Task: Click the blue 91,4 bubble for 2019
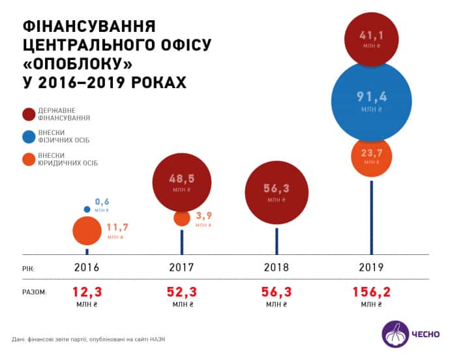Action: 371,101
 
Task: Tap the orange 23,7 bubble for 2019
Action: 371,157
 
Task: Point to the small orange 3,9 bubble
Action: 182,219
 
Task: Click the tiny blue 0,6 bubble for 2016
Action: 87,209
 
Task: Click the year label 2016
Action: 87,268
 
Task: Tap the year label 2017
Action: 182,268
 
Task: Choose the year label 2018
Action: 276,268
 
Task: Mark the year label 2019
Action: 371,268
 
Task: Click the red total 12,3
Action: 87,291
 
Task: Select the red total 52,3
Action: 182,291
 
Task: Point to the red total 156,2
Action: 370,291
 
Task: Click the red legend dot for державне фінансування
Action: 27,115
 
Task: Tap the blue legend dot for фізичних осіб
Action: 27,137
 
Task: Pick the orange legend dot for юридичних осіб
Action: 27,158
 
